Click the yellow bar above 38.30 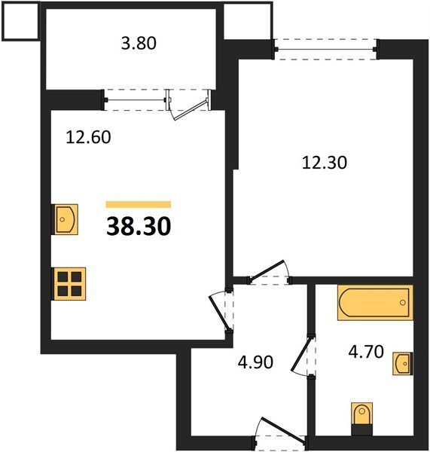[x=139, y=204]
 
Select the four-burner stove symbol [x=69, y=285]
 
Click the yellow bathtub [x=375, y=304]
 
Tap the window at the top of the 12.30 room [x=325, y=49]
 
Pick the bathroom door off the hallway [x=306, y=354]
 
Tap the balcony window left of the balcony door [x=135, y=99]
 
